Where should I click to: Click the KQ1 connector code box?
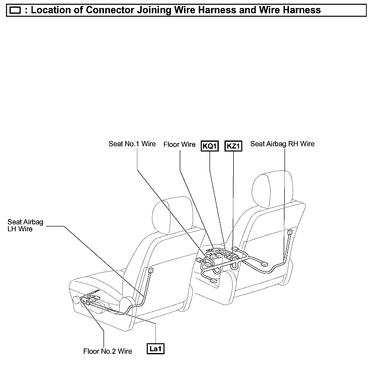coord(209,146)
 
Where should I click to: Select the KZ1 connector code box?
coord(233,146)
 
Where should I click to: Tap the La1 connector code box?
coord(155,348)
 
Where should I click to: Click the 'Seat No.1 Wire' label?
coord(132,144)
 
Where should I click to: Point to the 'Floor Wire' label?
coord(179,144)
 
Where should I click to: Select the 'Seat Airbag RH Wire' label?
coord(282,144)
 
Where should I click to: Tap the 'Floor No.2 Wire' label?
coord(107,351)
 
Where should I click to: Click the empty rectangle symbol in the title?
coord(15,10)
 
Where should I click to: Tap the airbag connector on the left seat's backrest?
coord(150,270)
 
